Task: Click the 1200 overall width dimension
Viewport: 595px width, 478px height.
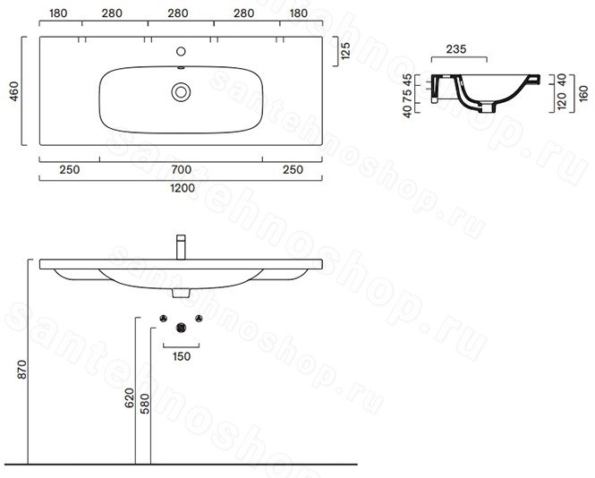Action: click(x=183, y=188)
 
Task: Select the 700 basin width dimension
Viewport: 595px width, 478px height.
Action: click(x=181, y=169)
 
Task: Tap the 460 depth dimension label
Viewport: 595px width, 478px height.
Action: click(x=14, y=91)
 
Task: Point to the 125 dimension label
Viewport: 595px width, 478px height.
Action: click(x=345, y=51)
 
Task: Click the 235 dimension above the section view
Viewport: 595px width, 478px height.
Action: click(x=456, y=49)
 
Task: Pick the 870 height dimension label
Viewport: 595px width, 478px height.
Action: click(x=22, y=370)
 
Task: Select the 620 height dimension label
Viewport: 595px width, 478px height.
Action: click(x=130, y=398)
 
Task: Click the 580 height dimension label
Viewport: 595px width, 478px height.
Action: click(x=145, y=404)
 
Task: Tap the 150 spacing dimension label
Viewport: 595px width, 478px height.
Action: click(x=182, y=356)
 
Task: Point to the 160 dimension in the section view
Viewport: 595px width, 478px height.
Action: click(x=583, y=93)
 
